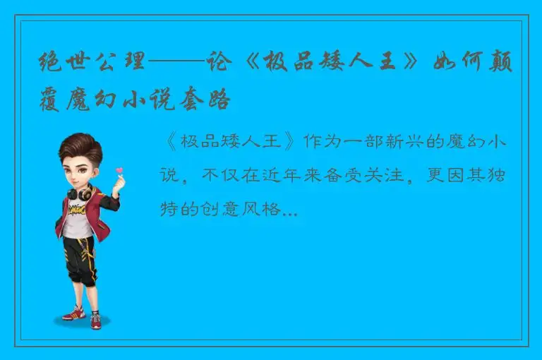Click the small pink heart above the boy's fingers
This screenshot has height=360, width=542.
[x=119, y=170]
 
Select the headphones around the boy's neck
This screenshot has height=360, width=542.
[x=79, y=192]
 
